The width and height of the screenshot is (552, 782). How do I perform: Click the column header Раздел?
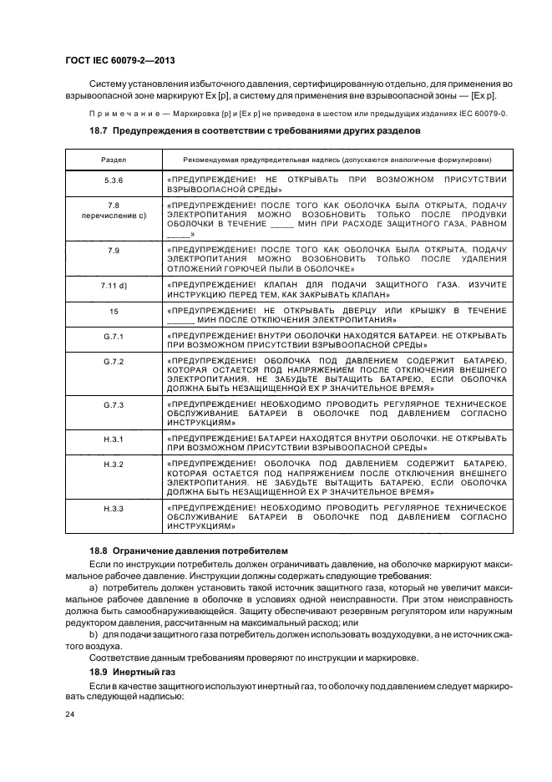[x=114, y=159]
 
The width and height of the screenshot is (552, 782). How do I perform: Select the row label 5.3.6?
[x=114, y=180]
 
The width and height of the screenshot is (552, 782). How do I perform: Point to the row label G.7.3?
[x=114, y=404]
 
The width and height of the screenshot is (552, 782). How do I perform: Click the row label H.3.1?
[x=114, y=439]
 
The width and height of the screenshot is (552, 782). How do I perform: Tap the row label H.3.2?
[x=114, y=464]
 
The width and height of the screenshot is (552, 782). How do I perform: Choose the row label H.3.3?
[x=114, y=508]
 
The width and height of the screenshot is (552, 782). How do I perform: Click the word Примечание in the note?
[x=120, y=113]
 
